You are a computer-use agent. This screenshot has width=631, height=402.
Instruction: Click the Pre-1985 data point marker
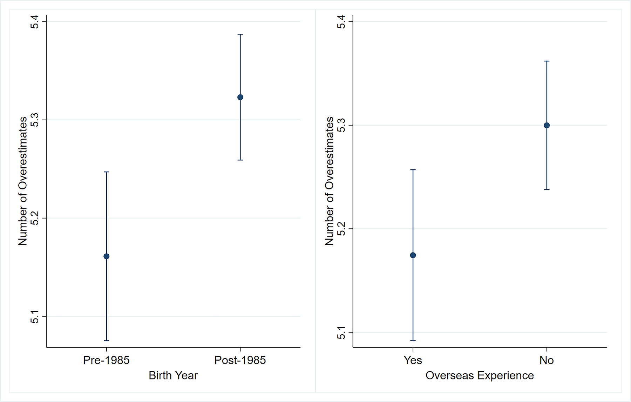point(107,256)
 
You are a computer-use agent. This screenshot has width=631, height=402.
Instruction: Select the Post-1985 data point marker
point(240,97)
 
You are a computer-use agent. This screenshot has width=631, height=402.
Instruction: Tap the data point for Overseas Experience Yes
point(413,255)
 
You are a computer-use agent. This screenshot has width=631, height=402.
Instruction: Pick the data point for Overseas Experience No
point(547,125)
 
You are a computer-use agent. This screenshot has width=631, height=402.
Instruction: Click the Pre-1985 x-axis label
point(106,360)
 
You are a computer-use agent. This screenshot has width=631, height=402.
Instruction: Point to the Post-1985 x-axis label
point(240,360)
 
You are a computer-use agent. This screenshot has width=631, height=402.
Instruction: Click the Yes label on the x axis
point(413,360)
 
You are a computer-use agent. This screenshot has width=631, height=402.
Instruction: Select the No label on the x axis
point(547,360)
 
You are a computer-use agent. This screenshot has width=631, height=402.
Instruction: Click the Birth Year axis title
point(173,376)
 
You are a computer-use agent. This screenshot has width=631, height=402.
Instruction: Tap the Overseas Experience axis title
point(480,376)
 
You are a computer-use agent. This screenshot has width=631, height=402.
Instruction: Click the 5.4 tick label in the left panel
point(34,22)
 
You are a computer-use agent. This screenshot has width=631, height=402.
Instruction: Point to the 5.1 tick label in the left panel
point(34,316)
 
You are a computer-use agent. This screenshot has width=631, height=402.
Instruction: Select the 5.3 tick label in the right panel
point(341,125)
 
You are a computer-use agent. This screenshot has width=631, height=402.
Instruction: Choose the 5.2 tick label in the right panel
point(341,229)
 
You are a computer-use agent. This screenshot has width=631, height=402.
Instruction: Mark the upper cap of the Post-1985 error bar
point(240,34)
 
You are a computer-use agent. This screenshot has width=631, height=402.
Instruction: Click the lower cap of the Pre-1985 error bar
point(107,341)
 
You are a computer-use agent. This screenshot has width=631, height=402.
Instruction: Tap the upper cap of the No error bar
point(547,61)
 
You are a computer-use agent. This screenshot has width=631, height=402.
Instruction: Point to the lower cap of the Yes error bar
point(413,341)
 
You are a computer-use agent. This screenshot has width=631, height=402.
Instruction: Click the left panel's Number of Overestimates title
point(23,181)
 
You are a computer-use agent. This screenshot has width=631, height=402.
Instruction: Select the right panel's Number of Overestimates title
point(329,181)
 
